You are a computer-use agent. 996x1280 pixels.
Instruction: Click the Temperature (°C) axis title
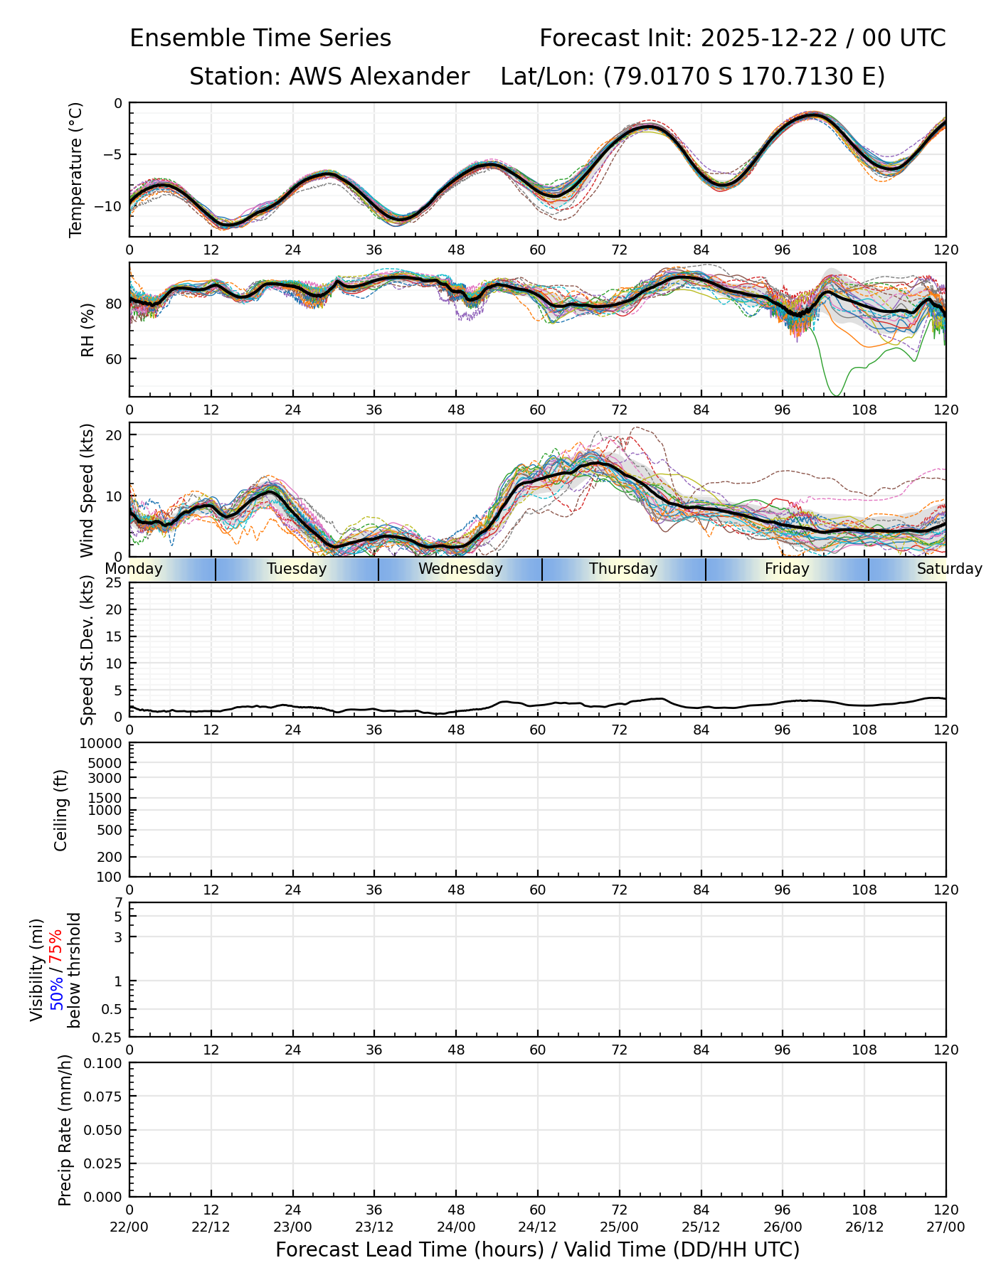pyautogui.click(x=76, y=169)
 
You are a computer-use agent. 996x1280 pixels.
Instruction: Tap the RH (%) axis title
pyautogui.click(x=88, y=330)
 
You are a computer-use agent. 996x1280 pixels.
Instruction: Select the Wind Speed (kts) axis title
pyautogui.click(x=87, y=490)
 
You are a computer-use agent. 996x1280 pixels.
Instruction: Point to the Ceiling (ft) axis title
pyautogui.click(x=61, y=810)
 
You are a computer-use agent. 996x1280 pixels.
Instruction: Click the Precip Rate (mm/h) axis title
pyautogui.click(x=65, y=1130)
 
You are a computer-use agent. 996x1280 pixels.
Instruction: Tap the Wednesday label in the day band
pyautogui.click(x=460, y=569)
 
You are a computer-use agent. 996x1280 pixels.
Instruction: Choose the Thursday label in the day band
pyautogui.click(x=623, y=569)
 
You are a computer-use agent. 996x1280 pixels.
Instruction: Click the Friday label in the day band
pyautogui.click(x=787, y=569)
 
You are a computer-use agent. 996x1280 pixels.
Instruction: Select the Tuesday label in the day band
pyautogui.click(x=297, y=569)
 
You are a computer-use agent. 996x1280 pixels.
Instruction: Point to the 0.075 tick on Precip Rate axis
pyautogui.click(x=104, y=1097)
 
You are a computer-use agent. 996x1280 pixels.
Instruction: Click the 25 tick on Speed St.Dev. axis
pyautogui.click(x=114, y=583)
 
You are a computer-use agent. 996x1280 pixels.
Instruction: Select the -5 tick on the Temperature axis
pyautogui.click(x=114, y=154)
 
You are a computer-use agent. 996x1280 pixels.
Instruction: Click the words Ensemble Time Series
pyautogui.click(x=260, y=38)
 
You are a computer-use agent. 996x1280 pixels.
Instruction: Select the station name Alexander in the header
pyautogui.click(x=378, y=76)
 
